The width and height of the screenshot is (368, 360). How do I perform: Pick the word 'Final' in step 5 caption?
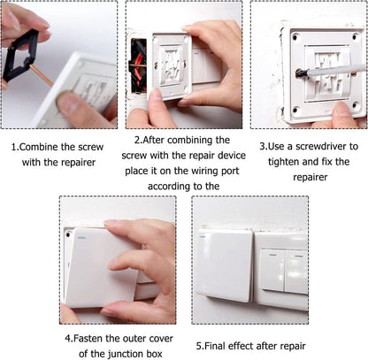point(221,345)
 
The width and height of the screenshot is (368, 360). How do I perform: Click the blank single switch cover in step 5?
point(224,264)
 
